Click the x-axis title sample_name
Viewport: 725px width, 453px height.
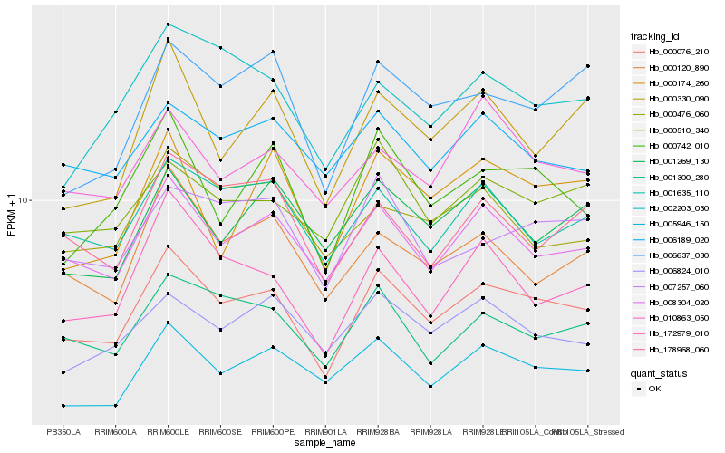coord(325,443)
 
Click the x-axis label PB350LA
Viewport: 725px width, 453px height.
coord(63,431)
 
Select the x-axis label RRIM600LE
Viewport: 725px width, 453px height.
coord(168,431)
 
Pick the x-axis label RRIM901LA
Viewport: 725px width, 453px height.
coord(324,431)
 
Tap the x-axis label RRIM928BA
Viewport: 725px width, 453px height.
coord(377,431)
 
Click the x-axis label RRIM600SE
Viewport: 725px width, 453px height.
coord(220,431)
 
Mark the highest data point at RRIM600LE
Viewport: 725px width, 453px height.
coord(168,24)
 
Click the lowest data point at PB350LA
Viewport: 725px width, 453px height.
coord(63,406)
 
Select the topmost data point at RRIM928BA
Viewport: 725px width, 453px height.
coord(377,62)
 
